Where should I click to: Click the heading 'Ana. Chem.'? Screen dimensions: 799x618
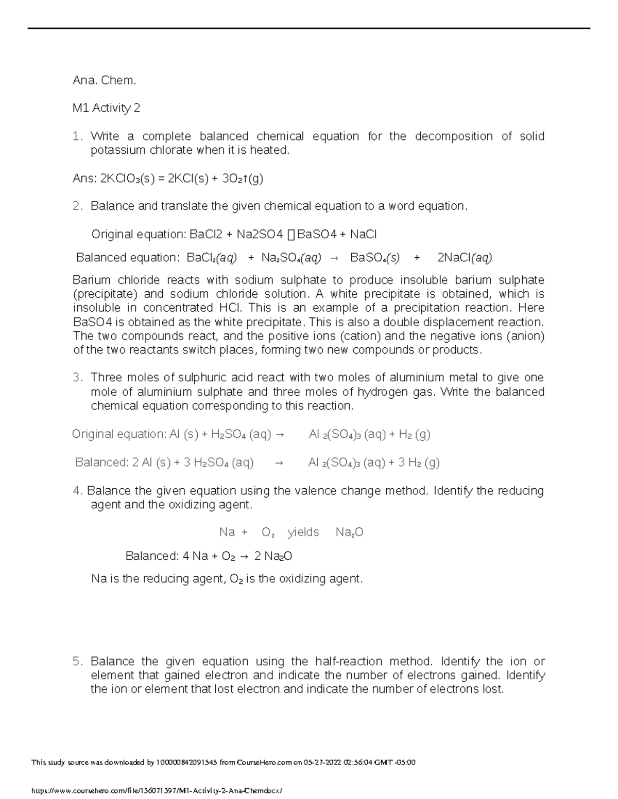104,80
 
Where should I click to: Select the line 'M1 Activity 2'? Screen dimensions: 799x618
106,108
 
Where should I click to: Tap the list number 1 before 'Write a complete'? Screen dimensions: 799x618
77,136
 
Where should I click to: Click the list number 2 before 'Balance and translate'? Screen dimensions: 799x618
77,206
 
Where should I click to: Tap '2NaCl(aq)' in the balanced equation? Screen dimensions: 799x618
464,258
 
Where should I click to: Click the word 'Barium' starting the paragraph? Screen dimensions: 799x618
92,280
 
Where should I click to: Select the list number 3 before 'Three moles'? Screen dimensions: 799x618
77,378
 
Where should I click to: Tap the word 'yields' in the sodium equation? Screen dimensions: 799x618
303,532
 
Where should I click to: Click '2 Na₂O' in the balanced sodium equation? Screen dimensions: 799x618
273,556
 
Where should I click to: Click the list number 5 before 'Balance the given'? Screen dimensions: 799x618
77,661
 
